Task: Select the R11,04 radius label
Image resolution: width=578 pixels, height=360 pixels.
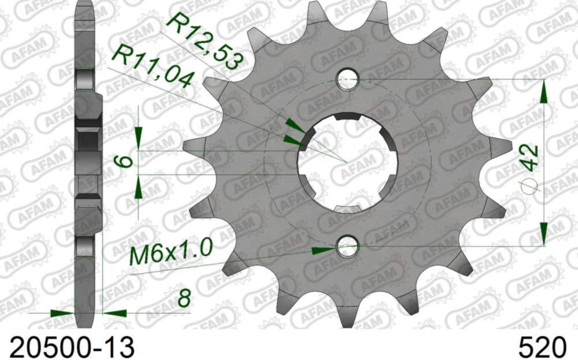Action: (152, 68)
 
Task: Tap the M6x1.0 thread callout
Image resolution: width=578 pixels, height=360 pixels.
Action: (171, 253)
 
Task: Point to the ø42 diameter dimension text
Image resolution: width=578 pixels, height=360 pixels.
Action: (530, 168)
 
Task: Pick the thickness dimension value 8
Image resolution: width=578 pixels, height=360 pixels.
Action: (184, 299)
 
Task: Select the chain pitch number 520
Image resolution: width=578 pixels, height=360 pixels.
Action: (542, 347)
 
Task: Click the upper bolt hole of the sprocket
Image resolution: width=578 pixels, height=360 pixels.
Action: (348, 80)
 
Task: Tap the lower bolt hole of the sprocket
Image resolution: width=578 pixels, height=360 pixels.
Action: (348, 247)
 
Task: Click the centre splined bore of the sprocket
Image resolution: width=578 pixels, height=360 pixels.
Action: (347, 162)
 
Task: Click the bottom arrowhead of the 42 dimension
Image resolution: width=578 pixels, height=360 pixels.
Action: (544, 234)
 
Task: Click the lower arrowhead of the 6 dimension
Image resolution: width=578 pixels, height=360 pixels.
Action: (139, 186)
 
